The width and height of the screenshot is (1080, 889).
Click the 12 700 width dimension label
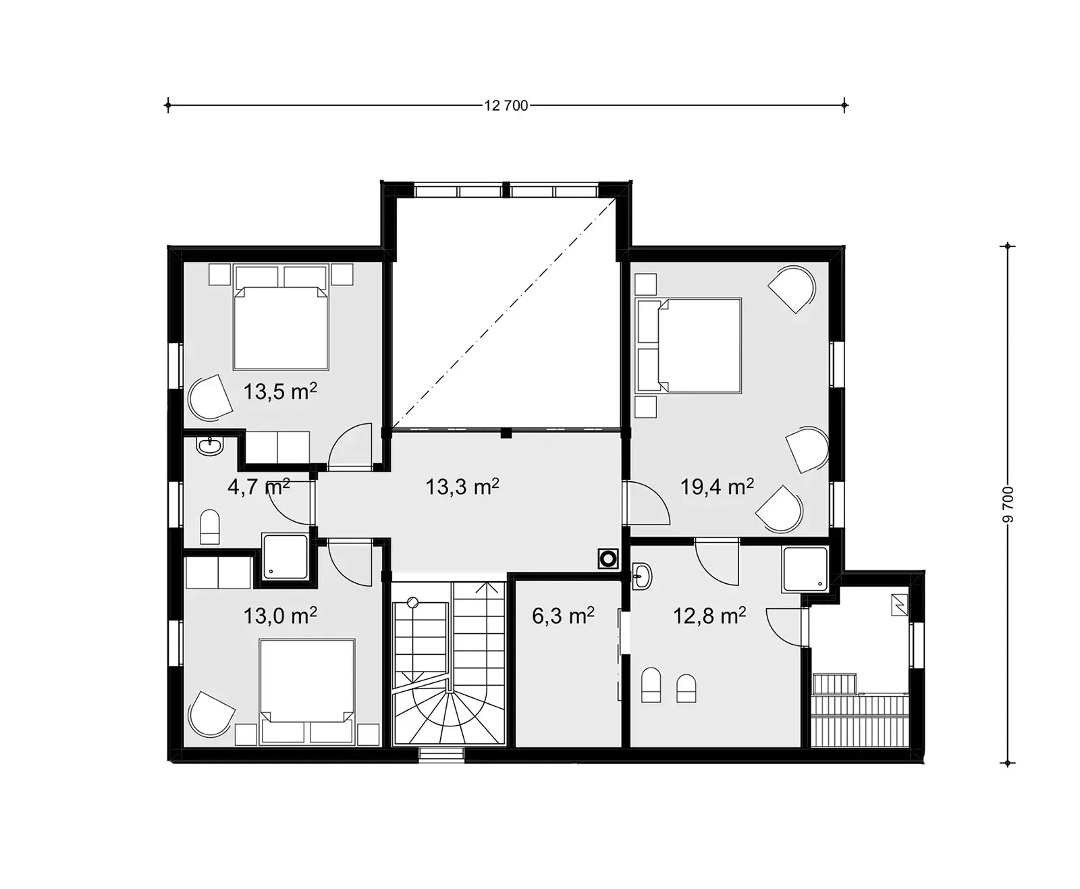(x=506, y=105)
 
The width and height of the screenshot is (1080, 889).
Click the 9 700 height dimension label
(x=1008, y=504)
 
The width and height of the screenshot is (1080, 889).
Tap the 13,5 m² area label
(x=280, y=392)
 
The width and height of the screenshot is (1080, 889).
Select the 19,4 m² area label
(x=717, y=486)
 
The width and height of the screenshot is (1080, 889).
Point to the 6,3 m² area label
(x=563, y=616)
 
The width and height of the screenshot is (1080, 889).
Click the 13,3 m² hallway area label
(x=462, y=486)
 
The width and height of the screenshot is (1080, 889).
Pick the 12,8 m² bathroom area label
(x=709, y=616)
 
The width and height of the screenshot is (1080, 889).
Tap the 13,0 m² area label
(x=280, y=616)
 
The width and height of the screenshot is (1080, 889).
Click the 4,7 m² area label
(x=259, y=487)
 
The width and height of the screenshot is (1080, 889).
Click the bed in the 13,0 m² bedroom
(x=307, y=683)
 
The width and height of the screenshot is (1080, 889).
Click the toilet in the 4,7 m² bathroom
(x=210, y=527)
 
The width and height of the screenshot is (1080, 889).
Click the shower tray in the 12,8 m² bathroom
(x=805, y=568)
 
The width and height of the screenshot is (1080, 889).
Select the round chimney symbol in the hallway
(x=607, y=559)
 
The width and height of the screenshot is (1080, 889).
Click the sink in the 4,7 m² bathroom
(x=210, y=446)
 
